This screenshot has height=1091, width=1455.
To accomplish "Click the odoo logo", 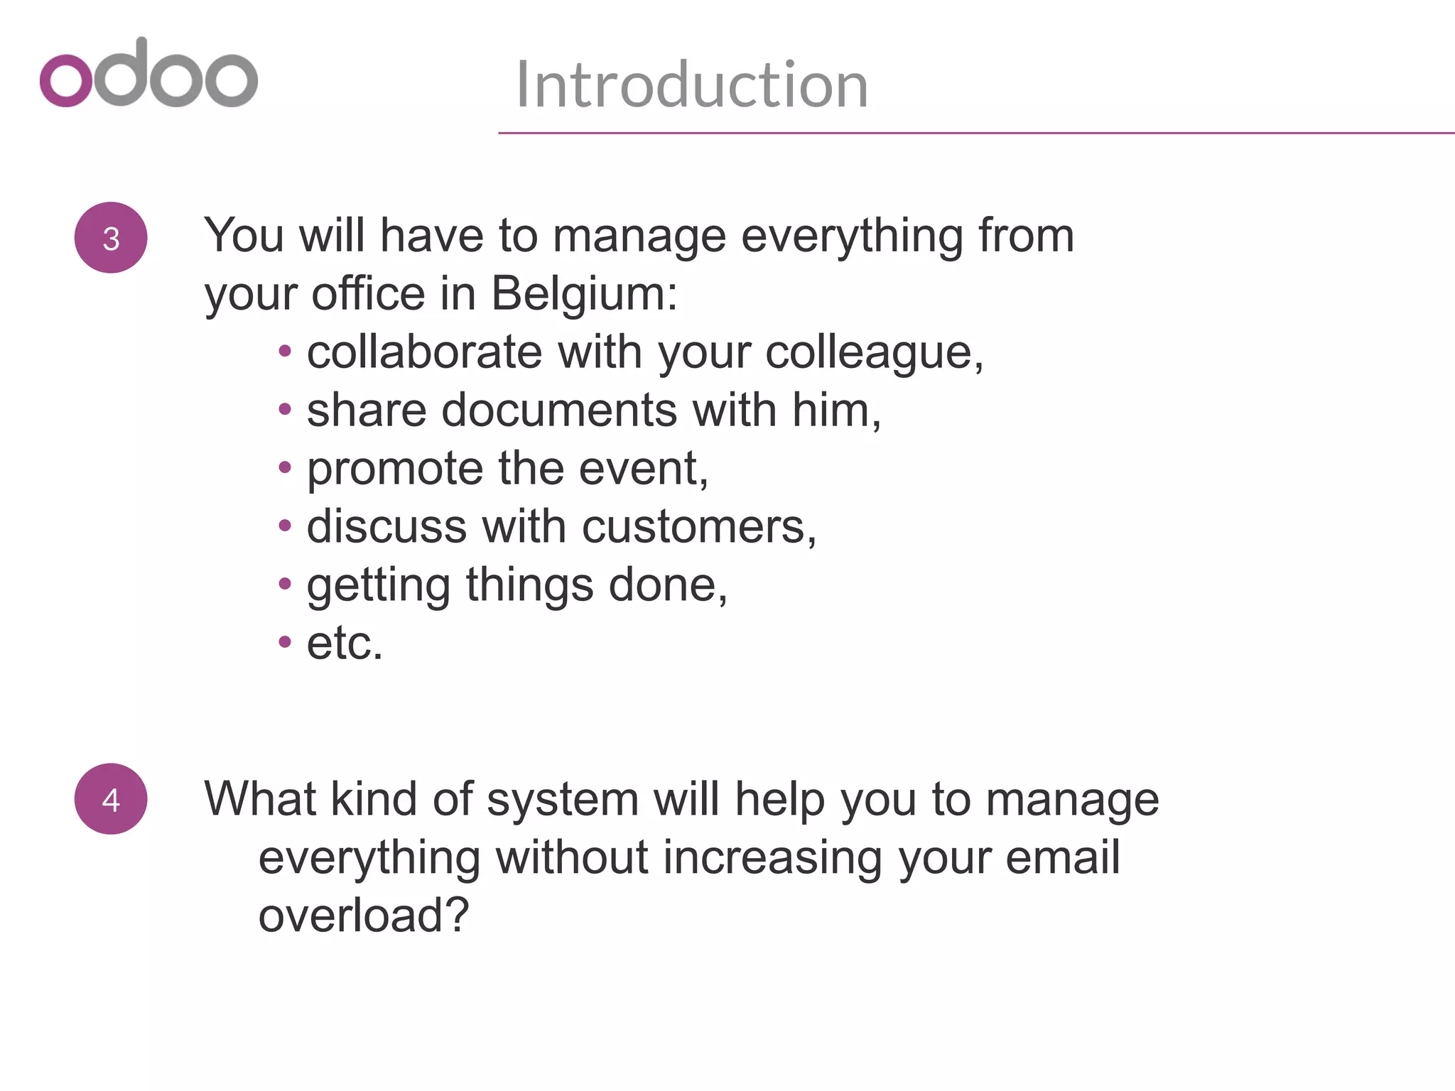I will click(x=148, y=74).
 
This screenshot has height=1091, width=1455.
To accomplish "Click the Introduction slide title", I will click(x=692, y=85).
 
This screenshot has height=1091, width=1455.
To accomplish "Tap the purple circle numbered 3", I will click(x=111, y=238).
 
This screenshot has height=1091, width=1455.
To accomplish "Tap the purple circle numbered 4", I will click(x=111, y=799).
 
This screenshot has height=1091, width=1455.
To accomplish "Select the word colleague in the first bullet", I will click(x=870, y=353).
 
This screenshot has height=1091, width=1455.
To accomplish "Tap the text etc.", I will click(x=345, y=644).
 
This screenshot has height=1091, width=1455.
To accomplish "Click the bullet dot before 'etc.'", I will click(x=285, y=642).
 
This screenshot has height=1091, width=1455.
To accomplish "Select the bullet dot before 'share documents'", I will click(x=285, y=409).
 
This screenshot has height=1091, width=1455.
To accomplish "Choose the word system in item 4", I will click(x=563, y=800).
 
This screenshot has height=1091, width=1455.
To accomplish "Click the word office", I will click(x=368, y=293).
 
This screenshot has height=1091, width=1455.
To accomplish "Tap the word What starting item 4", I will click(x=260, y=799).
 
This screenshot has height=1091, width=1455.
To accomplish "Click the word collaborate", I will click(x=424, y=352).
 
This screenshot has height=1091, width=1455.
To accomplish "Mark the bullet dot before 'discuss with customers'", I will click(x=285, y=526).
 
